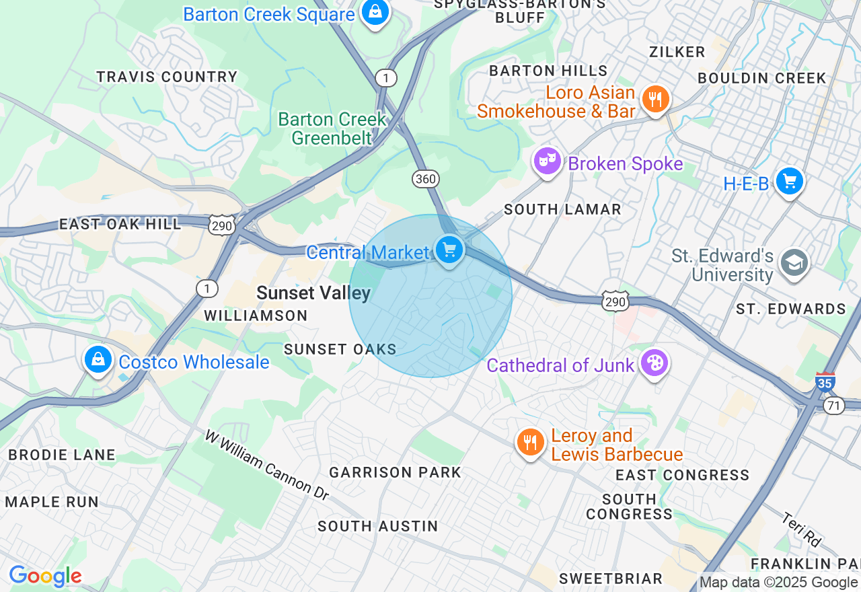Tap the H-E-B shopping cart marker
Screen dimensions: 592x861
tap(790, 181)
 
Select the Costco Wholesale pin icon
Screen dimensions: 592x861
tap(98, 360)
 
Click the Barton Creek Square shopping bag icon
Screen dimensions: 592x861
tap(375, 11)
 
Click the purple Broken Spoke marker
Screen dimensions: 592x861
tap(548, 161)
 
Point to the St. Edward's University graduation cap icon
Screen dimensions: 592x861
tap(794, 264)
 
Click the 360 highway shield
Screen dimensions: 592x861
tap(426, 179)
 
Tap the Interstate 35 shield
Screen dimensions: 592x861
tap(825, 383)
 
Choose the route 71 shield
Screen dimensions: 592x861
tap(834, 406)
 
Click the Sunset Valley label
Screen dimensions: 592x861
tap(313, 293)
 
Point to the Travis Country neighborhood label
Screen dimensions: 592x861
tap(167, 77)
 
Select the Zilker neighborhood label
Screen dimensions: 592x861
tap(677, 52)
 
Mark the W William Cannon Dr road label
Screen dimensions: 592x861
tap(267, 465)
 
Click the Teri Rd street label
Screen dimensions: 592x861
tap(802, 529)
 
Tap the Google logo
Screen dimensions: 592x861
tap(45, 577)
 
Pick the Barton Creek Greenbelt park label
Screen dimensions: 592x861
tap(332, 128)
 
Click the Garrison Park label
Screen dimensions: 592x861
tap(396, 472)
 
